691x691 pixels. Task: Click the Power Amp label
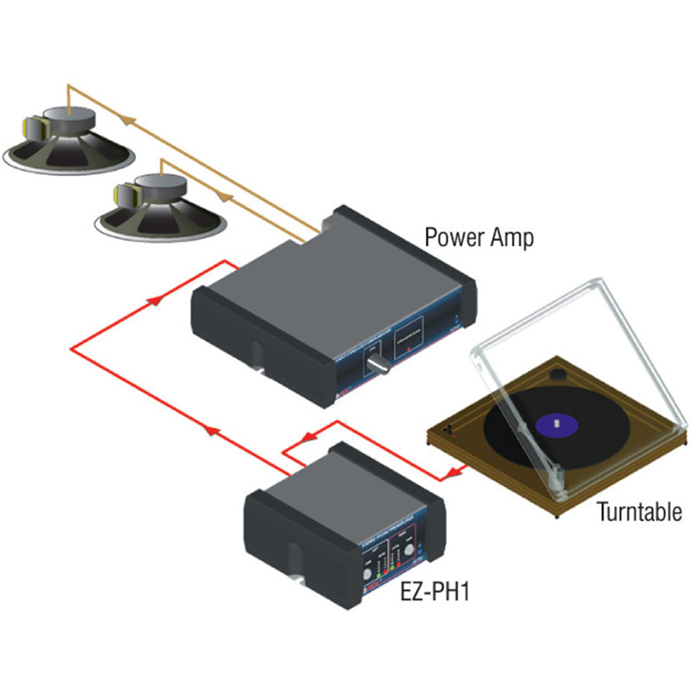coord(479,238)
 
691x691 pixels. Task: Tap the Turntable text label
coord(639,512)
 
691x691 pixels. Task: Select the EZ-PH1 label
coord(435,593)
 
